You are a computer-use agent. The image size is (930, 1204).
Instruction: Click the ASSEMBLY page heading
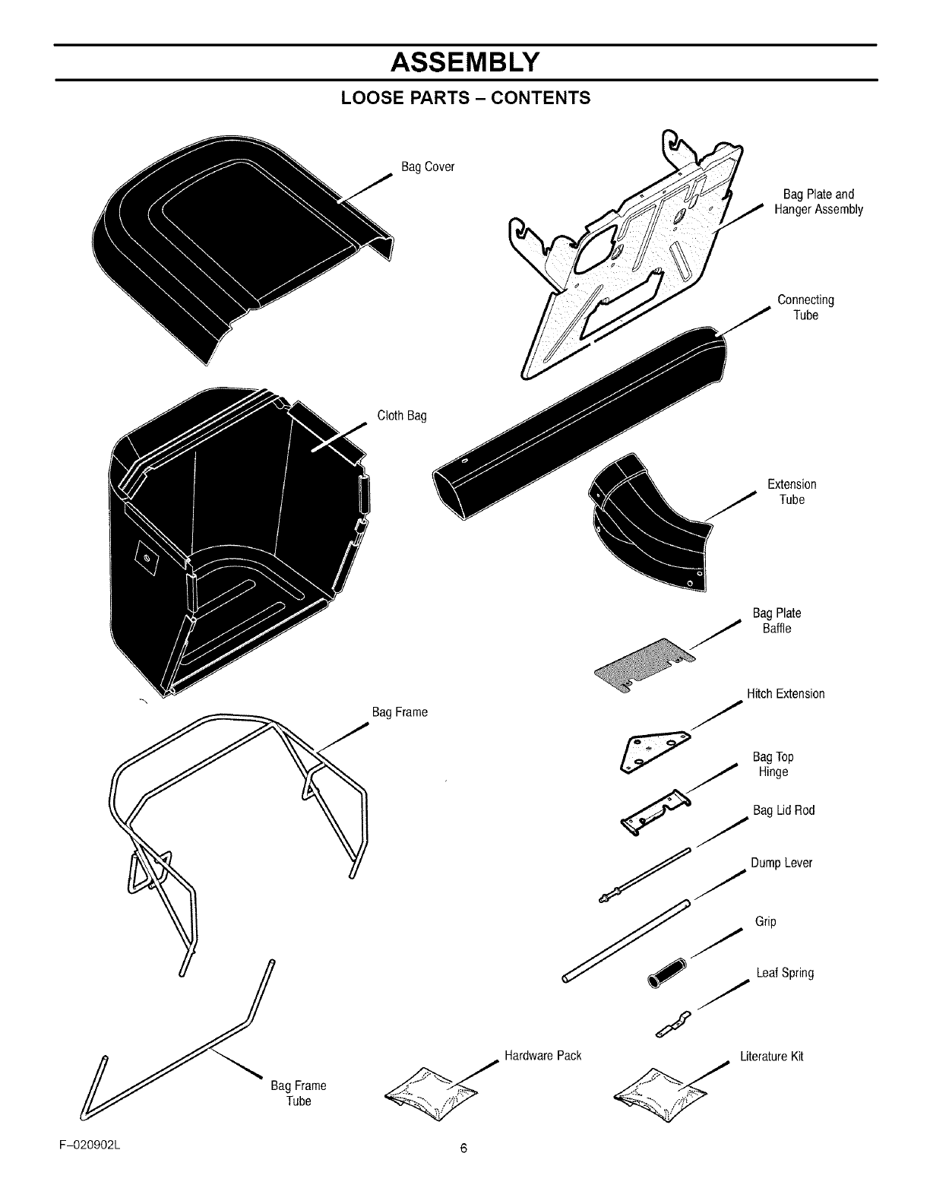pos(464,62)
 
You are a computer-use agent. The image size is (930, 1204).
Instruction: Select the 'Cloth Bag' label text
pos(402,416)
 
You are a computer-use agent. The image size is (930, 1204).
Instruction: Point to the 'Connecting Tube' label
pos(805,307)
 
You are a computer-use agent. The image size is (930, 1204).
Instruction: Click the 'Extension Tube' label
pos(792,492)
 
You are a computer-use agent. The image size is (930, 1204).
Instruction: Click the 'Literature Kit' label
pos(771,1057)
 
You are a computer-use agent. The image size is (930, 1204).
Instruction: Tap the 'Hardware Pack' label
pos(542,1056)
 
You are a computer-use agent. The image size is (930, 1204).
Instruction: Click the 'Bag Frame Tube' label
pos(299,1093)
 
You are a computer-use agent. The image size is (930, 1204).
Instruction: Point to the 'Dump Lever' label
pos(781,863)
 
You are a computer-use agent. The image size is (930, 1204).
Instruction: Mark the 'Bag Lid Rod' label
pos(783,810)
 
